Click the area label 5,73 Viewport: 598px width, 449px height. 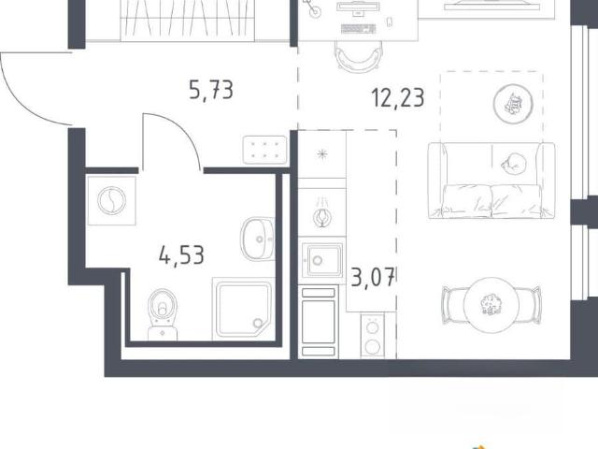point(211,91)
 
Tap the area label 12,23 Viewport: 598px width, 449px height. point(398,97)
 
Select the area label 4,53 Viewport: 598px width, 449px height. point(181,255)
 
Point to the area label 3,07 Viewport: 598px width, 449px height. point(373,277)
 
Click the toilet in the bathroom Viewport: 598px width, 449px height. point(163,314)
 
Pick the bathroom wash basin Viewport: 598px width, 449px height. point(258,239)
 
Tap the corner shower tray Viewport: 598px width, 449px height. point(243,309)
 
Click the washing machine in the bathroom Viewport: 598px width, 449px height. point(111,200)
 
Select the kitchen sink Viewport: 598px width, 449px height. point(321,260)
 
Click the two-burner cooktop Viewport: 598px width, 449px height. point(373,335)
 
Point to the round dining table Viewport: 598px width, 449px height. point(491,305)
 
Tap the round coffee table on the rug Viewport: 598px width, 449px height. point(513,103)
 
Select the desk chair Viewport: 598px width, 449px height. point(358,56)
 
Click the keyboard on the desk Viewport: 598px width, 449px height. point(359,29)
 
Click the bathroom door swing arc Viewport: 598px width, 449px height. point(182,130)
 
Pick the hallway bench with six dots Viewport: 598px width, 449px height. point(264,150)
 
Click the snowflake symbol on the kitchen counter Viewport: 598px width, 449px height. point(322,154)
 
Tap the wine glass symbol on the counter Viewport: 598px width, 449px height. point(322,217)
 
